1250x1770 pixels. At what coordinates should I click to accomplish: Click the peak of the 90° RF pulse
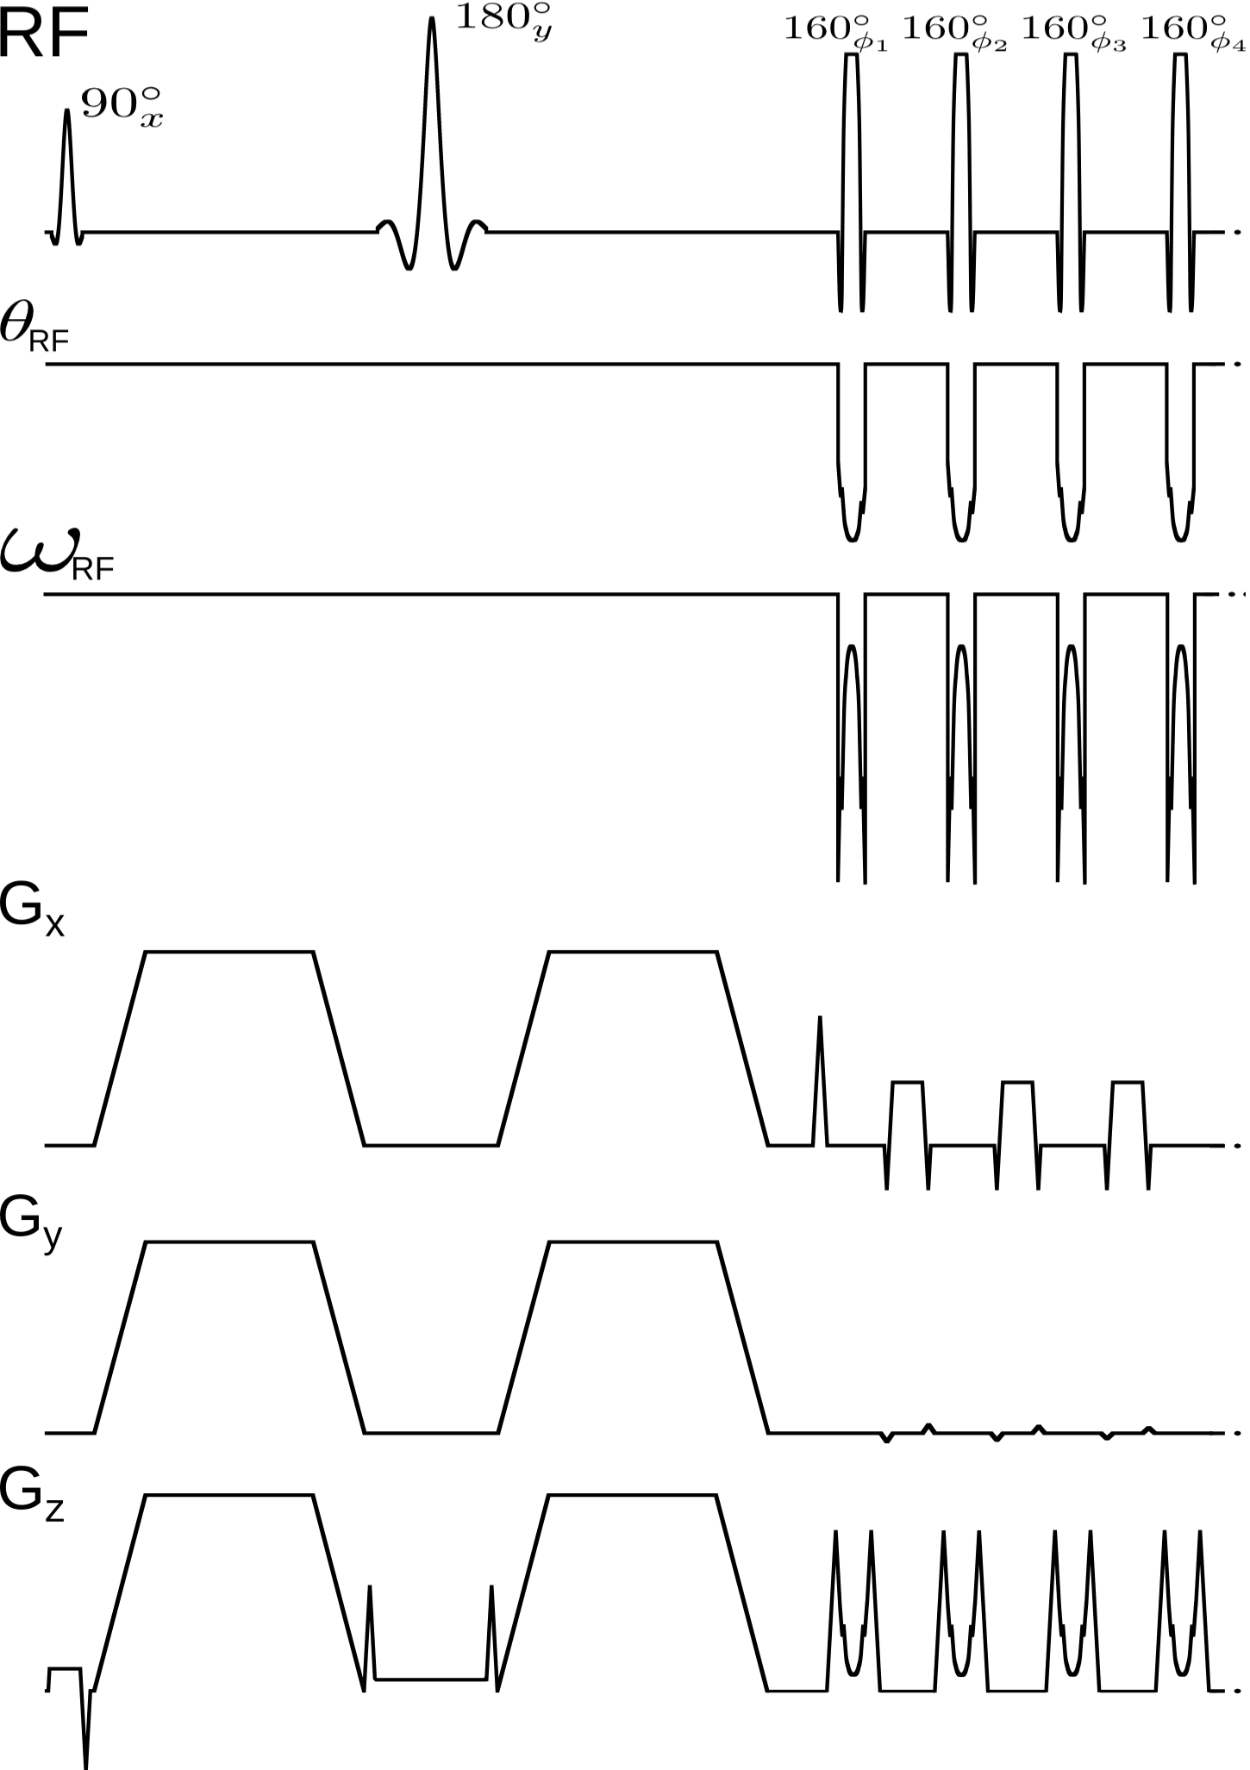(x=67, y=111)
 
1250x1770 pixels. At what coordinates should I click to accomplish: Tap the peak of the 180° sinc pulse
(x=432, y=19)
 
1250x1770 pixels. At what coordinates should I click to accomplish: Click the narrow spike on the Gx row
(x=820, y=1019)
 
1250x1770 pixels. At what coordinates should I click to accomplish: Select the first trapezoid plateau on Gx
(x=229, y=952)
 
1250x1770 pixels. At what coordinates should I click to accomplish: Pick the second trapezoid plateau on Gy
(x=633, y=1242)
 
